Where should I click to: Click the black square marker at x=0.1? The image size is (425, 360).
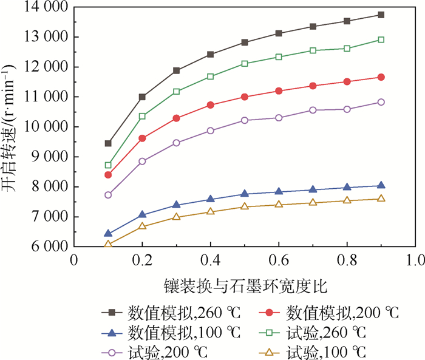(x=108, y=143)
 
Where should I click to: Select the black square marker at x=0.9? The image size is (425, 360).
(x=381, y=15)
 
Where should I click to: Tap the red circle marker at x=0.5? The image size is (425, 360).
(x=245, y=97)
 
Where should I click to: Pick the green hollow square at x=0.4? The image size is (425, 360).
(x=211, y=76)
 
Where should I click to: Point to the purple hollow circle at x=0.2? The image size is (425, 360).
(x=142, y=161)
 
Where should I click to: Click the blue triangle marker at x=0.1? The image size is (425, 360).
(x=108, y=233)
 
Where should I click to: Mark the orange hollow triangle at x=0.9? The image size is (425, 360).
(x=381, y=199)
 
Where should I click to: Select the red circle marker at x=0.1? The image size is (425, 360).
(x=108, y=175)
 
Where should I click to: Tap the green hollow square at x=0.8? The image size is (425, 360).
(x=347, y=49)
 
